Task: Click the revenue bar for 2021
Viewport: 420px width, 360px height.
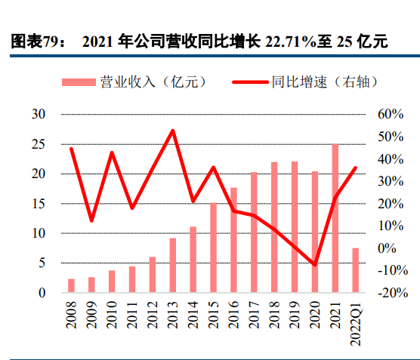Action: point(335,218)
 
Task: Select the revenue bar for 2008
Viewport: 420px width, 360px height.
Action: point(71,285)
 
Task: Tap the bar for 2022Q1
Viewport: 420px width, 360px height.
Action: point(355,270)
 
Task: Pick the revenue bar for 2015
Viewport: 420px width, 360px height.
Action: point(213,248)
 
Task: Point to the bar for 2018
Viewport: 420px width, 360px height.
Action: point(274,227)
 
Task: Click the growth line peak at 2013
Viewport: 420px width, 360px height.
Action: point(173,131)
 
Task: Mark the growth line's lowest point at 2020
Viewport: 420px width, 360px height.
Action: point(315,265)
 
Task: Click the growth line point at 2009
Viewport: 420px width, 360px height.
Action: point(91,220)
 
